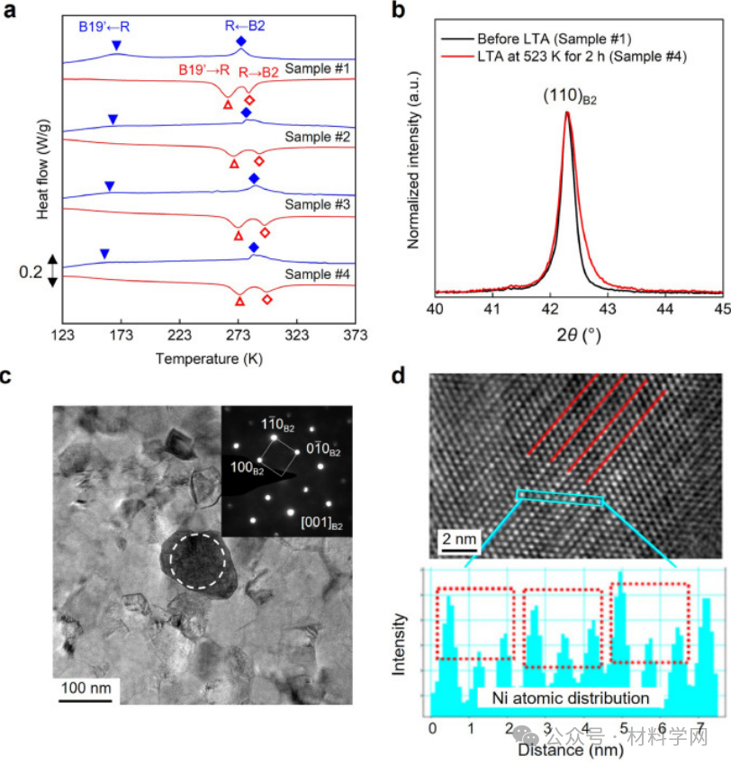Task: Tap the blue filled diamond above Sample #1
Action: (240, 42)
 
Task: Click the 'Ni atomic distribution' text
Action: (570, 697)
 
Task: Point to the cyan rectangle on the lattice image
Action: (559, 499)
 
